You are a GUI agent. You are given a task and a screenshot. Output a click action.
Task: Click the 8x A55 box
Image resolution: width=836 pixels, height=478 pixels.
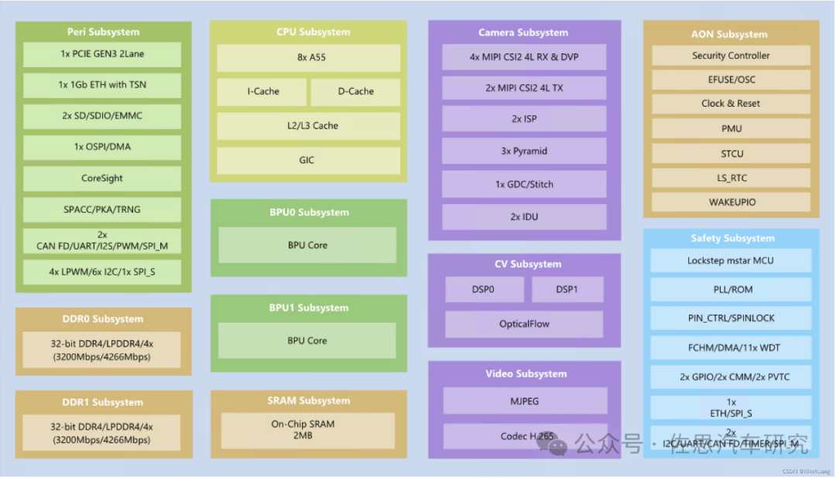(308, 58)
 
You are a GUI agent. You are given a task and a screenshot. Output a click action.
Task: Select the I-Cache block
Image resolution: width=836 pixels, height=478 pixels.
(263, 91)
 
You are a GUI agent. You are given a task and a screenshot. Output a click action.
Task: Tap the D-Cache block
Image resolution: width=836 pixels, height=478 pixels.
(355, 91)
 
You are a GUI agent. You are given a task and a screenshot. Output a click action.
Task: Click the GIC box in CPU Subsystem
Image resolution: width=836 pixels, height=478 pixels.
(308, 160)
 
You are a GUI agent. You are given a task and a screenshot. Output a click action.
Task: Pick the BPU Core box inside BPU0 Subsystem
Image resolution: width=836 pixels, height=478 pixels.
(307, 245)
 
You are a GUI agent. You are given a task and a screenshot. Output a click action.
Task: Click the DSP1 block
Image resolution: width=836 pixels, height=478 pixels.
(567, 289)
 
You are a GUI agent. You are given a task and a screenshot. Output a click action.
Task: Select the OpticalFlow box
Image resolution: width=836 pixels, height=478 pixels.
(524, 324)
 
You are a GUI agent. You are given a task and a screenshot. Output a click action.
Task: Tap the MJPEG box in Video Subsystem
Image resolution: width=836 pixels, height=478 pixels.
(524, 401)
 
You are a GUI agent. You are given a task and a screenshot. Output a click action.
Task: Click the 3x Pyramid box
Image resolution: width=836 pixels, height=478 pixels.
(524, 152)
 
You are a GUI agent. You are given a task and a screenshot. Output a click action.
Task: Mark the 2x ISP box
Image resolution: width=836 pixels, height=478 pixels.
(524, 119)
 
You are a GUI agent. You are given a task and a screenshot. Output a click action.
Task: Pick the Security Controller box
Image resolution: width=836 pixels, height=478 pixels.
(731, 56)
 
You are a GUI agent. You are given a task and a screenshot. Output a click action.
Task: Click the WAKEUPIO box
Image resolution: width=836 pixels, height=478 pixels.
(731, 202)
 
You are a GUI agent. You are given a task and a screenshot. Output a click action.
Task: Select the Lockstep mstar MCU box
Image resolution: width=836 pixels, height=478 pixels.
(730, 261)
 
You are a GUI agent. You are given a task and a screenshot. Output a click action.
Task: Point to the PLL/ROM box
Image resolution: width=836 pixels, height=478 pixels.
(730, 289)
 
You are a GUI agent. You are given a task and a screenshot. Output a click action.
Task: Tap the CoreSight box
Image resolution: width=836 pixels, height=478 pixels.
(102, 178)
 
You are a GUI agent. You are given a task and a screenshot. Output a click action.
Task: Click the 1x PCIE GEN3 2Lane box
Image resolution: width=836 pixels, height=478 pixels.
(102, 54)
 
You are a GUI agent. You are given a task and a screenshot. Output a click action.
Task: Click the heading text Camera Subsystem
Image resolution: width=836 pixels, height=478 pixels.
(523, 32)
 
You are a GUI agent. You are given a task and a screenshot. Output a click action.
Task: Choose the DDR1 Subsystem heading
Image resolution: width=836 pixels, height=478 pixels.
(103, 402)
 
